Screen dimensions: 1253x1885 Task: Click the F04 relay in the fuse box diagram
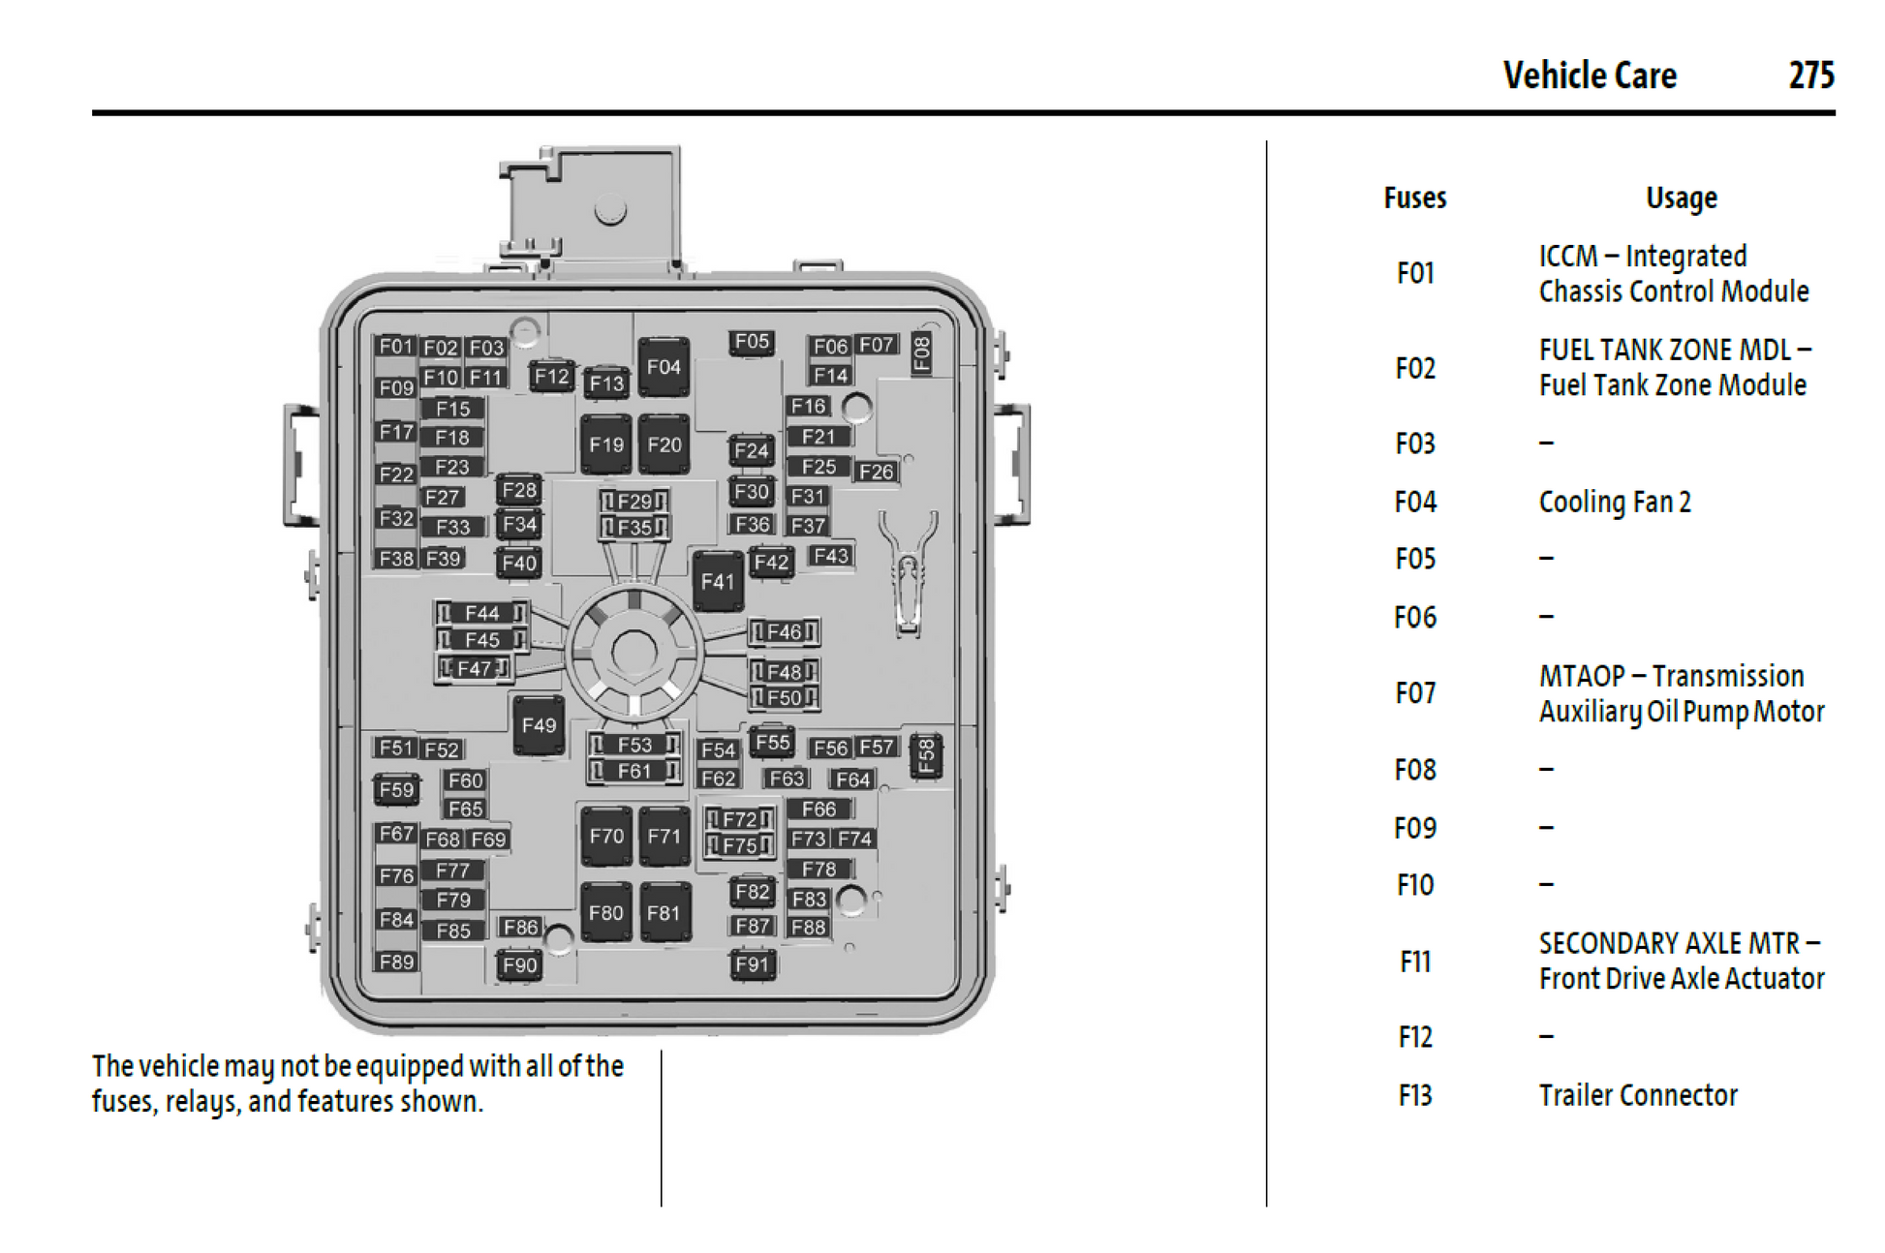pyautogui.click(x=664, y=367)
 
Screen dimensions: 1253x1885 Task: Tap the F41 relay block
pyautogui.click(x=718, y=581)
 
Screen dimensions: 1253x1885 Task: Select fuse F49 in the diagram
pyautogui.click(x=539, y=725)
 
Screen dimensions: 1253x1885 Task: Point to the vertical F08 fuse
pyautogui.click(x=922, y=353)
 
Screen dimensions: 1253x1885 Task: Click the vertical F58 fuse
pyautogui.click(x=926, y=756)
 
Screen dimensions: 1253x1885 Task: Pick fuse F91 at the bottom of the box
pyautogui.click(x=753, y=964)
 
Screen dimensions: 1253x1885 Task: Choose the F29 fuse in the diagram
pyautogui.click(x=634, y=502)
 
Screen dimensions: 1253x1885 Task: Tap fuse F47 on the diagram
pyautogui.click(x=475, y=668)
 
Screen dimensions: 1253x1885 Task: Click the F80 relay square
pyautogui.click(x=606, y=913)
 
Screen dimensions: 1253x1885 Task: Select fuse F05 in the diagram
pyautogui.click(x=752, y=342)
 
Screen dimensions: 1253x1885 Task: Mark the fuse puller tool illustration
pyautogui.click(x=908, y=571)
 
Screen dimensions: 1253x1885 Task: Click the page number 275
pyautogui.click(x=1810, y=76)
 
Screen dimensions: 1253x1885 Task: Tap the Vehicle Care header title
pyautogui.click(x=1590, y=76)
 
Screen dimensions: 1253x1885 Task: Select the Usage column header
pyautogui.click(x=1681, y=199)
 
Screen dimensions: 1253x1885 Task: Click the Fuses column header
pyautogui.click(x=1414, y=199)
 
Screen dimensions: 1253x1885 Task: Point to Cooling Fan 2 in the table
pyautogui.click(x=1615, y=503)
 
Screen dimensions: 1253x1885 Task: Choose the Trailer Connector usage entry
pyautogui.click(x=1638, y=1095)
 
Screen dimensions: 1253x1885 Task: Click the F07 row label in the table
pyautogui.click(x=1414, y=693)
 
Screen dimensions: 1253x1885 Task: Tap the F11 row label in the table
pyautogui.click(x=1414, y=962)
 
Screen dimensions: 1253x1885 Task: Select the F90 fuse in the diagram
pyautogui.click(x=519, y=965)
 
